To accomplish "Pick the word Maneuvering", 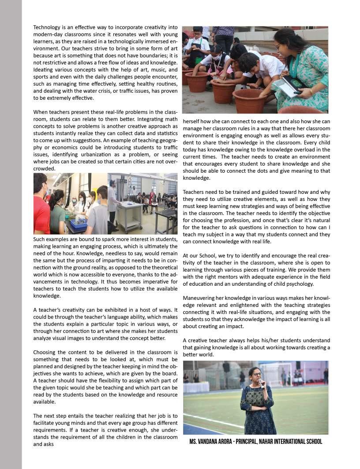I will tap(199, 298).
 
